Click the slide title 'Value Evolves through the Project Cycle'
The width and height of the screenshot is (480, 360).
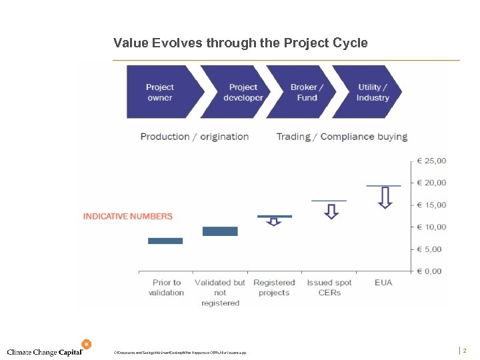240,43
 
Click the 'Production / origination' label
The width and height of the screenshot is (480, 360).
194,137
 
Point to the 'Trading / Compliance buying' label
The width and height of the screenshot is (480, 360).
341,137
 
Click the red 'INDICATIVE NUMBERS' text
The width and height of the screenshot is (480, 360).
127,216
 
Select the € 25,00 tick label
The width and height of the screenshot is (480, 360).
431,161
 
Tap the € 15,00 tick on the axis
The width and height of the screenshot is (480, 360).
431,205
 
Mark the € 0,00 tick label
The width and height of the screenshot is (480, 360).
431,271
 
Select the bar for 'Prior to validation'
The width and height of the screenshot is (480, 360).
165,241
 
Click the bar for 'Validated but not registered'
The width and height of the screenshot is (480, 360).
219,231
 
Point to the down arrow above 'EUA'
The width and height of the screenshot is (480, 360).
384,198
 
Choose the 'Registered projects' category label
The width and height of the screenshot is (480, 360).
274,287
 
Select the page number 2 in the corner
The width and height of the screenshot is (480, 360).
465,351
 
